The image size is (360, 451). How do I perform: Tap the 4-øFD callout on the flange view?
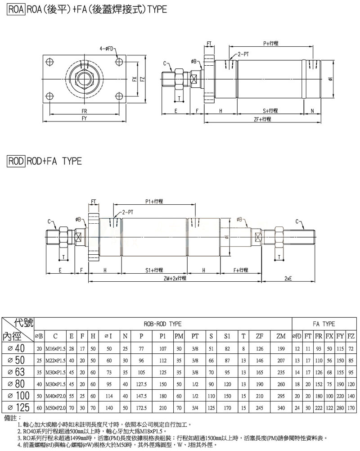(106, 49)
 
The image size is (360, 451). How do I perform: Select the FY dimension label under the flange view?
(84, 118)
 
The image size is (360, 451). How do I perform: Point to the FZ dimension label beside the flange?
(142, 79)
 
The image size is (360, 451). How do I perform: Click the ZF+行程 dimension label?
(262, 119)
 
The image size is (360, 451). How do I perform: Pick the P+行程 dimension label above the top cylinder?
(271, 43)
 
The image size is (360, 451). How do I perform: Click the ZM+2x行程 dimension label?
(175, 278)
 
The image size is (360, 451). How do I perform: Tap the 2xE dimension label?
(288, 278)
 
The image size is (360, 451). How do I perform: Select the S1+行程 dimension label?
(154, 270)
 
